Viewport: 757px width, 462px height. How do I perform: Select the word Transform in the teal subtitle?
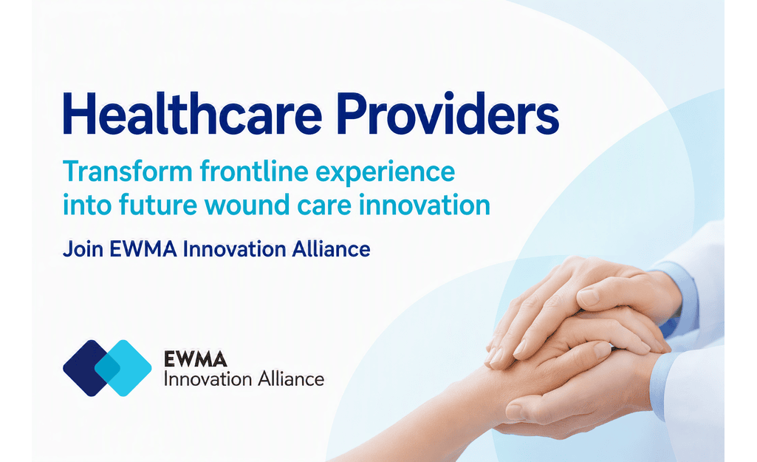coord(128,171)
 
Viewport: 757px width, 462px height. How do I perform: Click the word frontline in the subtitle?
coord(254,171)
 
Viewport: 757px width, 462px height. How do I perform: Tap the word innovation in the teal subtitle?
coord(425,205)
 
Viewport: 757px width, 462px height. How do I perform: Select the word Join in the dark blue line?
coord(83,249)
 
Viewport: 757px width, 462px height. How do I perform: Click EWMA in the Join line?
coord(143,249)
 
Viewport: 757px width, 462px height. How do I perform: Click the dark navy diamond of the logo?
coord(82,368)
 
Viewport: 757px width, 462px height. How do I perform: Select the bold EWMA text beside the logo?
coord(196,359)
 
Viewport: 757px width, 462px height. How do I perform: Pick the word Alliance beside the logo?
coord(291,379)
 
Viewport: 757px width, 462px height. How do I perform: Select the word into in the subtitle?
coord(87,205)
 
